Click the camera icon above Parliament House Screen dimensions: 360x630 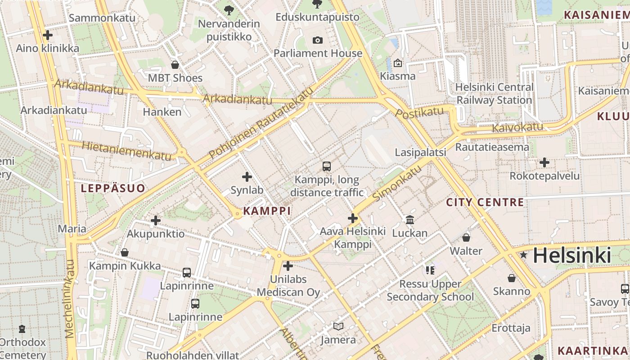coord(317,40)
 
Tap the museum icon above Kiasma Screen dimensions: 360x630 coord(397,63)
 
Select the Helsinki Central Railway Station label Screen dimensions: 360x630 coord(494,94)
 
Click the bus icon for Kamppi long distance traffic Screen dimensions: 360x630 coord(327,166)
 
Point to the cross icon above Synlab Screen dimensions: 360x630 coord(247,177)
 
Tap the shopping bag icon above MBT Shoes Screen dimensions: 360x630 coord(175,65)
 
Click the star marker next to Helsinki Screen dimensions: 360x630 coord(523,255)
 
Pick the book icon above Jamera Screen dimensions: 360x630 coord(338,326)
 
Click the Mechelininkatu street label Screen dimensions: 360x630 coord(70,299)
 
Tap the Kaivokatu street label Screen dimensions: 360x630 coord(517,127)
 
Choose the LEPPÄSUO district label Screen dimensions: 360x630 coord(113,188)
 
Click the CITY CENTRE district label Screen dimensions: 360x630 coord(485,202)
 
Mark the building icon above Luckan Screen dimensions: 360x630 coord(410,220)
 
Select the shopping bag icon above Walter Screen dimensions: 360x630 coord(466,238)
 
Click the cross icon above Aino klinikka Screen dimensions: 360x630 coord(47,35)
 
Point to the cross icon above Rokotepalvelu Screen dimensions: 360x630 coord(544,162)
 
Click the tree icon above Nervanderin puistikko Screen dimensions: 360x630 coord(229,9)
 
